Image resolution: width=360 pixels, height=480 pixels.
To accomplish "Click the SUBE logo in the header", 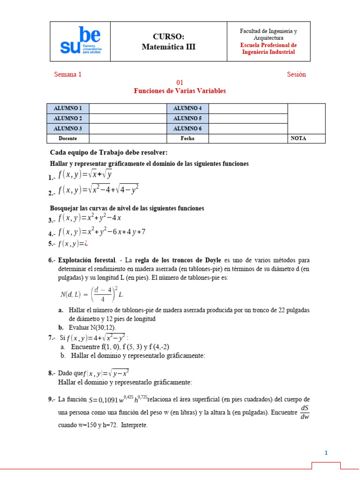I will [x=81, y=41].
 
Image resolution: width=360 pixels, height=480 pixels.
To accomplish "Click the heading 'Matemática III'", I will [x=168, y=46].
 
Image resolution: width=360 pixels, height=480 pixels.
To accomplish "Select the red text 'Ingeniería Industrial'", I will [x=268, y=52].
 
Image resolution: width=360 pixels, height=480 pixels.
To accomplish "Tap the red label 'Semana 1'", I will [x=68, y=74].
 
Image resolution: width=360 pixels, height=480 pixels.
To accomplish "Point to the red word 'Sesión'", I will [x=296, y=74].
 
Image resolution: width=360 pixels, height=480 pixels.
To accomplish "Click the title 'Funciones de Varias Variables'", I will [x=180, y=90].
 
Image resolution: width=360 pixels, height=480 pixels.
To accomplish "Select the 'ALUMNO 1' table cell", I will [x=68, y=108].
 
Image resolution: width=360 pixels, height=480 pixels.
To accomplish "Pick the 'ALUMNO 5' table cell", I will [x=187, y=118].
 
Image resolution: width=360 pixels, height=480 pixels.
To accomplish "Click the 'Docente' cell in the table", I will [x=68, y=138].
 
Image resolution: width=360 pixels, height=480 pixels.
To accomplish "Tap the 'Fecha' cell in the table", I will [x=187, y=138].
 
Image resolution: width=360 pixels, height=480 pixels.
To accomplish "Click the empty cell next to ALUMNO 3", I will [x=128, y=128].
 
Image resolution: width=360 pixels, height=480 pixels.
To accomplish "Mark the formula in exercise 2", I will [x=98, y=190].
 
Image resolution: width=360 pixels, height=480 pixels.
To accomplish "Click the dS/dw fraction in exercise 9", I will [x=305, y=413].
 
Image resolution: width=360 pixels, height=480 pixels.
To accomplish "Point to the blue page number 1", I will [x=326, y=453].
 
